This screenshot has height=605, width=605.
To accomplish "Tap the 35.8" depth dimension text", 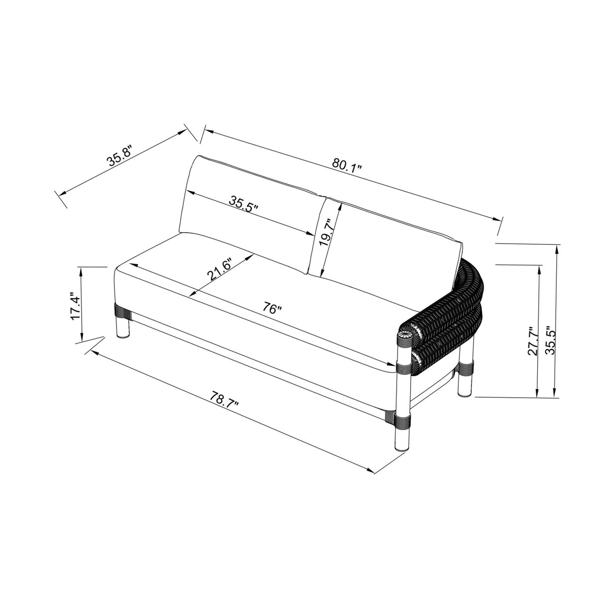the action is pyautogui.click(x=120, y=155).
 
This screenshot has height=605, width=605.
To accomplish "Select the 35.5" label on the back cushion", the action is pyautogui.click(x=243, y=204).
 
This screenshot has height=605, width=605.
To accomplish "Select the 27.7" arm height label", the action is pyautogui.click(x=532, y=341).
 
